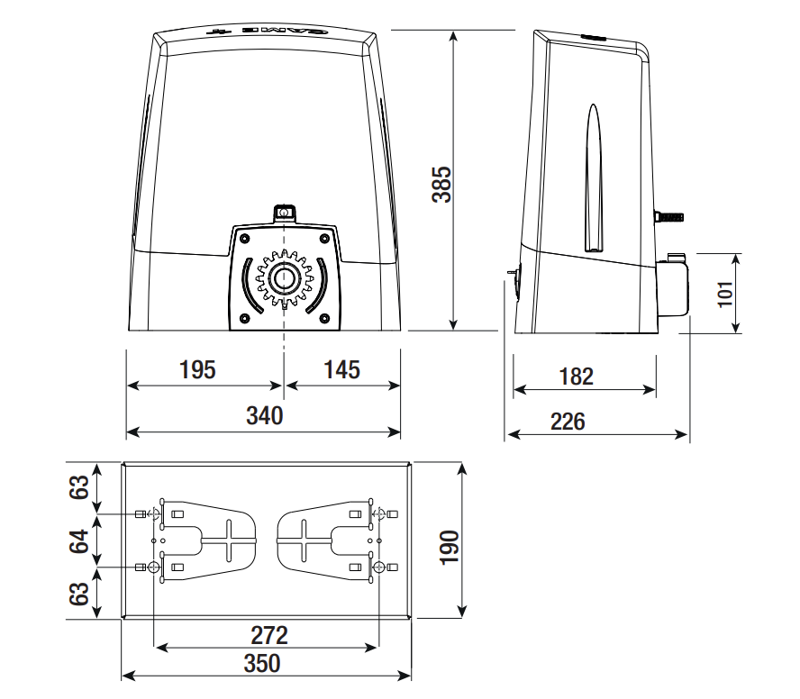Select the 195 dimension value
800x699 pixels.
point(197,369)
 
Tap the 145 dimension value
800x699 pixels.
point(341,369)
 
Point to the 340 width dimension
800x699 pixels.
point(264,415)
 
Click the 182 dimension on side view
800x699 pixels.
point(577,376)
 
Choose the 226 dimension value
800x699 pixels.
point(568,421)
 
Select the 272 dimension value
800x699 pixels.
point(269,633)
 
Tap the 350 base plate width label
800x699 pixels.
point(262,663)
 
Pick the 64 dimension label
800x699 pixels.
point(81,541)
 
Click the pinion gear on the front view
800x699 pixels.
point(285,278)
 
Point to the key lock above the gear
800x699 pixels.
point(285,213)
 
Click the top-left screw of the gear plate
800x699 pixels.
point(243,238)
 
